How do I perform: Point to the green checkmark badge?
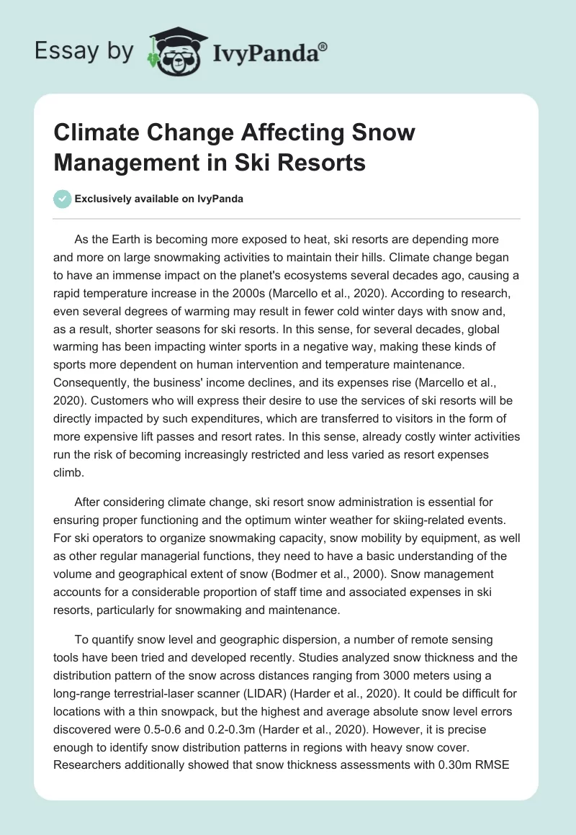click(x=62, y=199)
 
